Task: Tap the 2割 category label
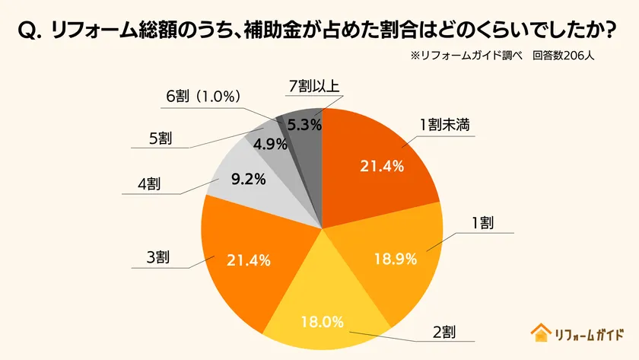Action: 444,332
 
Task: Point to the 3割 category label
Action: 157,256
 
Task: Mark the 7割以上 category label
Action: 313,86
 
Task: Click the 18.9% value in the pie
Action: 395,259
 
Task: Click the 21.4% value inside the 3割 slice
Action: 248,260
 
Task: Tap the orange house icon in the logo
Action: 540,333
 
